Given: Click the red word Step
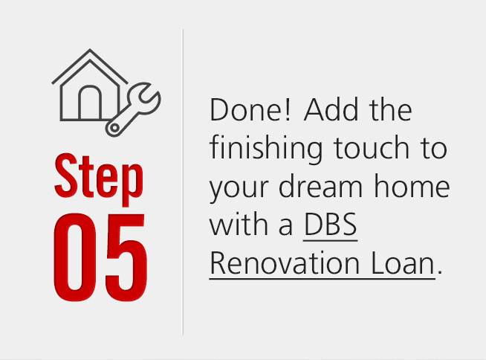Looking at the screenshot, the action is point(99,179).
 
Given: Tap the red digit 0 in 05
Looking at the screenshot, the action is point(75,257).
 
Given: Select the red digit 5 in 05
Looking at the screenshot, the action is point(126,257).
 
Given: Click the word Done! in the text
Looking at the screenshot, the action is point(250,110).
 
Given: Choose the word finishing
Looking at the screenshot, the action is point(266,150).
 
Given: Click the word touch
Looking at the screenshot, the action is point(372,148).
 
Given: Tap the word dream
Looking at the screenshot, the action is point(320,186).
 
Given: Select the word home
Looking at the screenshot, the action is point(412,186).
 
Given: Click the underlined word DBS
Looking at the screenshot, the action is point(331,225).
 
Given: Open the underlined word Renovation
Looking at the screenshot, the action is point(285,263).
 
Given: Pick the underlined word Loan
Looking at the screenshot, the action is point(403,263).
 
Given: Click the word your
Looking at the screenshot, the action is point(239,190).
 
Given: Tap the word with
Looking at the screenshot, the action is point(239,224).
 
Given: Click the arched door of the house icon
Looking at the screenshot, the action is point(90,103).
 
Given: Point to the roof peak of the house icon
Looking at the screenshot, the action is point(90,50).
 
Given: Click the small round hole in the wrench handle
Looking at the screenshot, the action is point(114,127).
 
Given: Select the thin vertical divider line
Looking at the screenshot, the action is point(183,182).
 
